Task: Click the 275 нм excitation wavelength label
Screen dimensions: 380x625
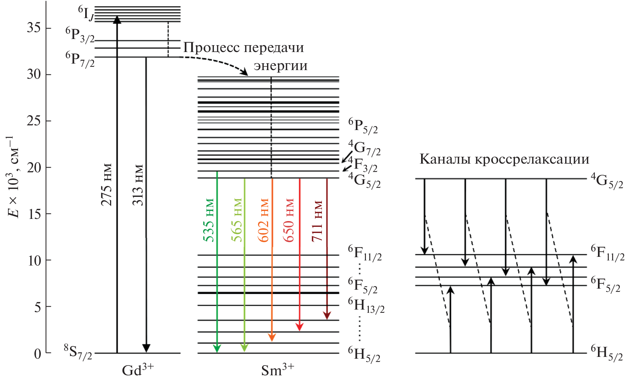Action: point(106,185)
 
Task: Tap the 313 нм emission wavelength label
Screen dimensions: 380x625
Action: point(138,185)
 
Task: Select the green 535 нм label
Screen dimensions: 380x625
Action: point(209,220)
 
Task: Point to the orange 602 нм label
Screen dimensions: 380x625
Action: point(263,220)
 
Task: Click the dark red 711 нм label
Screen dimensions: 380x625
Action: point(317,221)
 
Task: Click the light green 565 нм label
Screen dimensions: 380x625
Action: point(237,220)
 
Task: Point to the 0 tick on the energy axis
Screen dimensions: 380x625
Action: point(38,354)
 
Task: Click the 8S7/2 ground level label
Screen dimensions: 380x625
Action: point(78,352)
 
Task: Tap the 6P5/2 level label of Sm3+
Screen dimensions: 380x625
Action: point(363,126)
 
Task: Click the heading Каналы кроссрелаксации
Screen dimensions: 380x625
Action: point(504,159)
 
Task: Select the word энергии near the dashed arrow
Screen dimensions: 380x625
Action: point(281,66)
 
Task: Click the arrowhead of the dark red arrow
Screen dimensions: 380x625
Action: point(327,315)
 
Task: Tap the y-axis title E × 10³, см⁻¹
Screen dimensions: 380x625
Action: point(14,177)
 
